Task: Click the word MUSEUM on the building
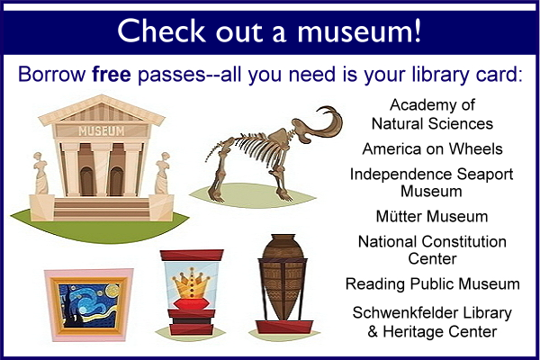(x=101, y=130)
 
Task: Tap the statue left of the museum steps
(x=41, y=174)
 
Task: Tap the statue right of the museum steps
(x=162, y=174)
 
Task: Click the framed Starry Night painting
(x=89, y=305)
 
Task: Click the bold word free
(x=112, y=74)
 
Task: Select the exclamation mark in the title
(x=418, y=30)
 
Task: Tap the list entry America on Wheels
(x=432, y=148)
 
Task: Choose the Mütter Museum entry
(x=432, y=216)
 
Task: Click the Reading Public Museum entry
(x=433, y=284)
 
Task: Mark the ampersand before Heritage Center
(x=373, y=332)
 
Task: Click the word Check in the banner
(x=161, y=31)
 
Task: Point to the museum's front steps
(x=102, y=209)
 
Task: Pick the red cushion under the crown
(x=192, y=304)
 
